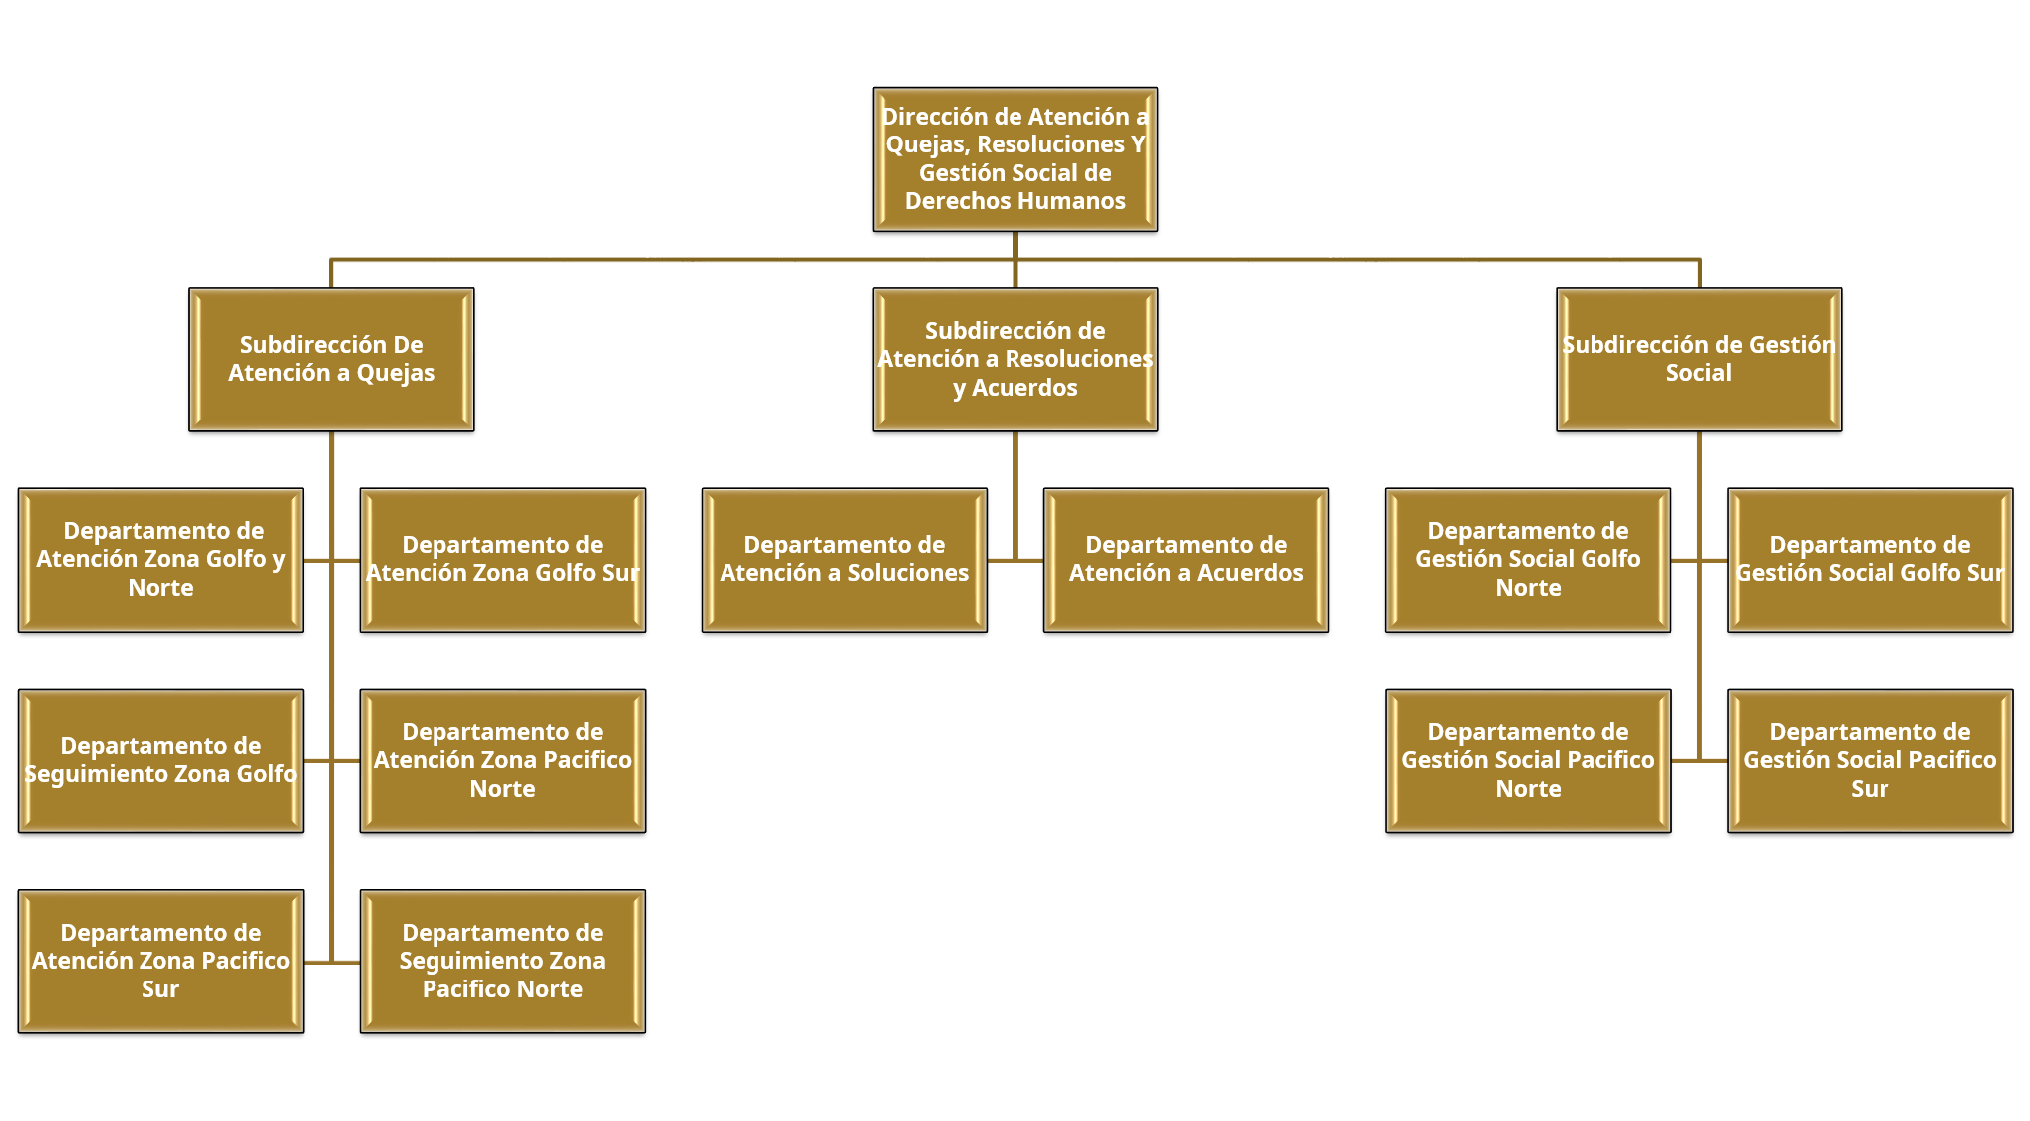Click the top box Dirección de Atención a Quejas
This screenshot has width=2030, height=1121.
(x=1015, y=159)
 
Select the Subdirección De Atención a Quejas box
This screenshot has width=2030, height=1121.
(x=331, y=359)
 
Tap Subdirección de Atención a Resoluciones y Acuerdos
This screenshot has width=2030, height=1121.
(x=1015, y=359)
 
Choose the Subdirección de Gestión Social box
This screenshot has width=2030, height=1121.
(x=1698, y=359)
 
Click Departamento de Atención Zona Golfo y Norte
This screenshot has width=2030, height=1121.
(x=160, y=559)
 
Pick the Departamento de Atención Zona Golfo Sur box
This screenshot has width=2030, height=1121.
(x=502, y=559)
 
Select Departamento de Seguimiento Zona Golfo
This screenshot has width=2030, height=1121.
(x=160, y=760)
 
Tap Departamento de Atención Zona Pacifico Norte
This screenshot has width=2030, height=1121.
(x=502, y=760)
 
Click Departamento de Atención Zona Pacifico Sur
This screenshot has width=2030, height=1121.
(x=160, y=961)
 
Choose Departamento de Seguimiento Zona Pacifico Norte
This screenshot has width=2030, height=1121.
(x=502, y=961)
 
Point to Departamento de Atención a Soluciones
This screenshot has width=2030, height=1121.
(x=844, y=559)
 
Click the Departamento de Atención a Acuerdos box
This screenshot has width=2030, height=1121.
(x=1186, y=559)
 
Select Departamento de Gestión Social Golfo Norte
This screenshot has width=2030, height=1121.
(x=1528, y=559)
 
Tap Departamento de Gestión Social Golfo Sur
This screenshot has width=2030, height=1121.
(x=1870, y=559)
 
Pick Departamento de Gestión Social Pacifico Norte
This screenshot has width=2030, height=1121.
(x=1528, y=760)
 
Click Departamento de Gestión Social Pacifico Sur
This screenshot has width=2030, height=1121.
(x=1870, y=760)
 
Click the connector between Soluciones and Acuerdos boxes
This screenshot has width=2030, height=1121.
(x=1015, y=560)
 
